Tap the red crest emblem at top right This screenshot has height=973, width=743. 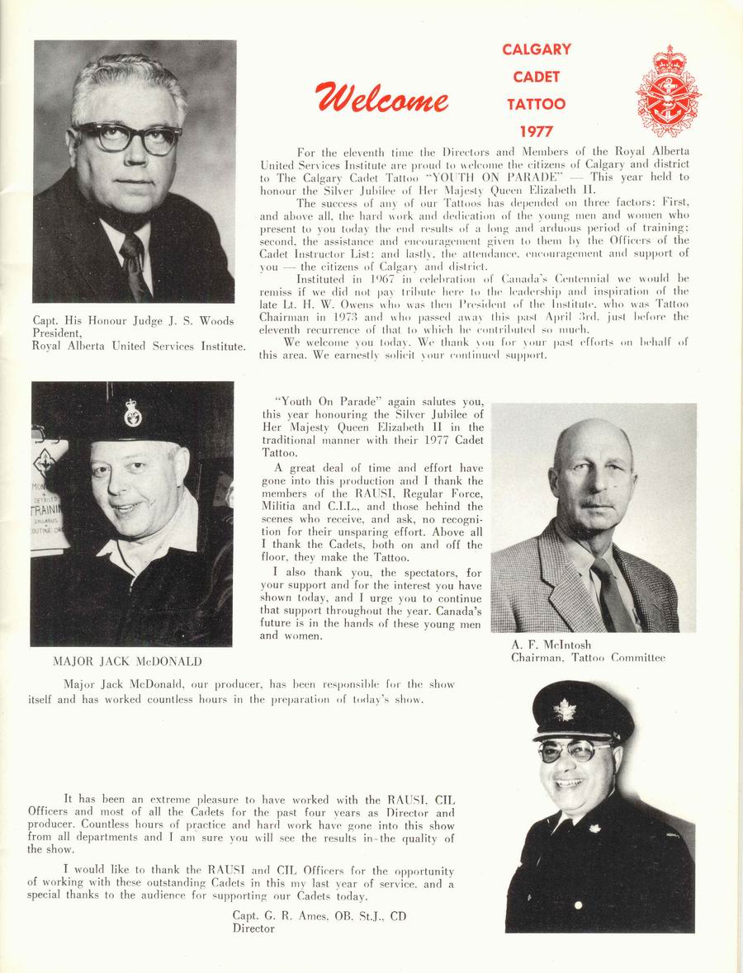[x=668, y=92]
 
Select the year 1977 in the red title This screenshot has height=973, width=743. [x=536, y=131]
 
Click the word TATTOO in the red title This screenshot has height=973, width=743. [x=536, y=104]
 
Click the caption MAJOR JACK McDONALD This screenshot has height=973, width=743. [x=128, y=661]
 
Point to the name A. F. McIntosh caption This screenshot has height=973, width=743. [x=551, y=645]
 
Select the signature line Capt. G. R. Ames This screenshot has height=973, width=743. [x=319, y=916]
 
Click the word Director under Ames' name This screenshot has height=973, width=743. [x=253, y=928]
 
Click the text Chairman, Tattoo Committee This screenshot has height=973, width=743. [x=588, y=658]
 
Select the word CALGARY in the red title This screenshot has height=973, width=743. [x=536, y=50]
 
